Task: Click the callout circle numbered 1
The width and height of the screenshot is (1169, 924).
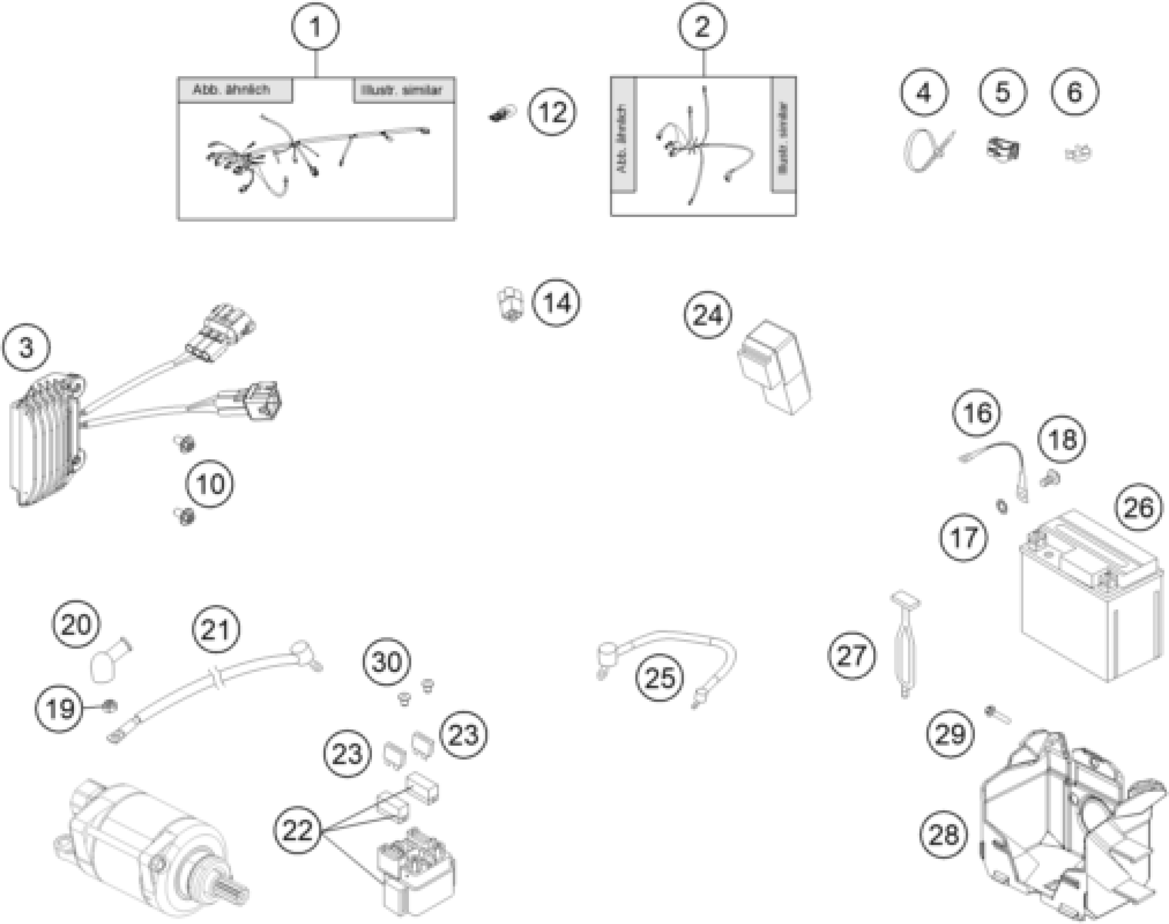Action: pos(316,27)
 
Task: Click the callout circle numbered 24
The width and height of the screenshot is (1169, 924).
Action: pos(708,315)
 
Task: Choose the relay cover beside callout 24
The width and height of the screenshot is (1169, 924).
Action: pos(774,367)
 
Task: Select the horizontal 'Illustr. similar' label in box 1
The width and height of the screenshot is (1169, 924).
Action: pos(403,90)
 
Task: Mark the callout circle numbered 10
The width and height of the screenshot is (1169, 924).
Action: pos(210,484)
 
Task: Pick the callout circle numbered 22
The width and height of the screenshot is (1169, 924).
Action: pos(298,830)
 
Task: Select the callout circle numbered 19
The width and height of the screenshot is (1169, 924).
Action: pos(60,708)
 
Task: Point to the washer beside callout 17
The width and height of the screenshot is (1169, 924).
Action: pos(1001,507)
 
